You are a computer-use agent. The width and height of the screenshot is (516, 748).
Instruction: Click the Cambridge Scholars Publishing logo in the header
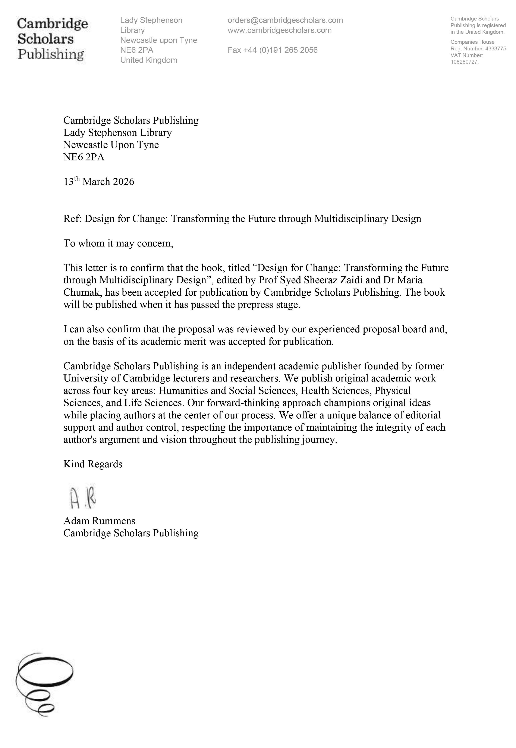pos(52,39)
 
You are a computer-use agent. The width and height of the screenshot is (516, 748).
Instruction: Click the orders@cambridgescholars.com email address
pos(285,20)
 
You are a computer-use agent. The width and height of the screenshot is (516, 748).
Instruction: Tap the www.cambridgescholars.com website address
pos(279,30)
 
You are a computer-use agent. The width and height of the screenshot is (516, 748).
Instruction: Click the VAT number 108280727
pos(464,62)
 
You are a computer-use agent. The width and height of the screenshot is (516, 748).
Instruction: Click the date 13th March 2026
pos(99,182)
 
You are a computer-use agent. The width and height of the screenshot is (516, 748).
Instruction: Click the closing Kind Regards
pos(93,464)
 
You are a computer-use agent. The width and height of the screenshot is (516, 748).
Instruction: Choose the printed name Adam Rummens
pos(99,521)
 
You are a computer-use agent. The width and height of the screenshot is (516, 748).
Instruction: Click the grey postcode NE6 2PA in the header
pos(137,50)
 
